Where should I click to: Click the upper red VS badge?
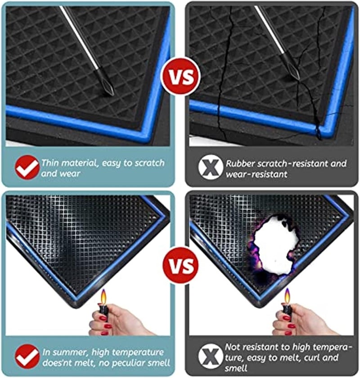pyautogui.click(x=180, y=76)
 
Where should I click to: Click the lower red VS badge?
pyautogui.click(x=180, y=263)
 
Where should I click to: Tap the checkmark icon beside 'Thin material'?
pyautogui.click(x=27, y=167)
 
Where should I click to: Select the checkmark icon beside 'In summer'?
pyautogui.click(x=27, y=356)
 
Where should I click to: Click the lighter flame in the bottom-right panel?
pyautogui.click(x=287, y=297)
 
